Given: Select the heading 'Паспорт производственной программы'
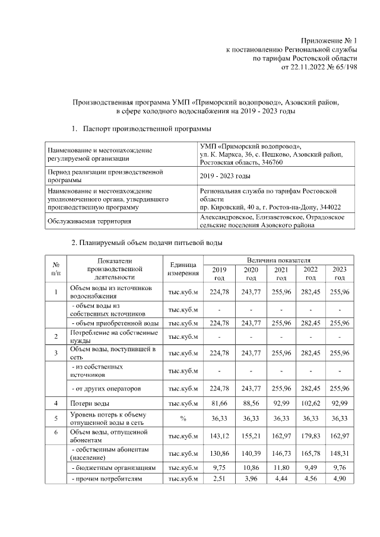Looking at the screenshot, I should coord(147,128).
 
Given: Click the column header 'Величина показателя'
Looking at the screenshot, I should coord(278,260).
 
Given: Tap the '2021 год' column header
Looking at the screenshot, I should coord(281,274).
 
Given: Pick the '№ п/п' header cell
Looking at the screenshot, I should coord(55,268).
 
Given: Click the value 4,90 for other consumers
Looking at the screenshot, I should coord(340,479).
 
